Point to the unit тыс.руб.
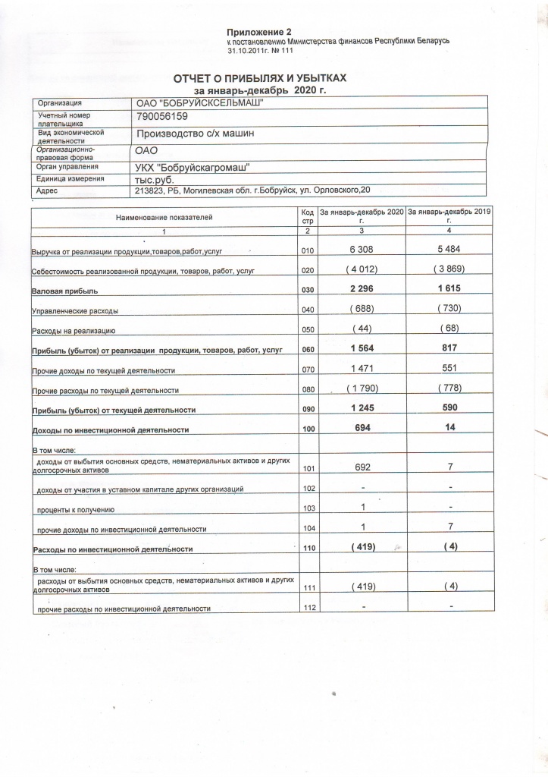(x=155, y=179)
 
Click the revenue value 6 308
(x=361, y=249)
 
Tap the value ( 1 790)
(x=361, y=389)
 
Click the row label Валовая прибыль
(x=67, y=291)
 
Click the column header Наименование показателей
(x=164, y=217)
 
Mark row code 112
(x=307, y=607)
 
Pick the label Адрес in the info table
(x=48, y=191)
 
